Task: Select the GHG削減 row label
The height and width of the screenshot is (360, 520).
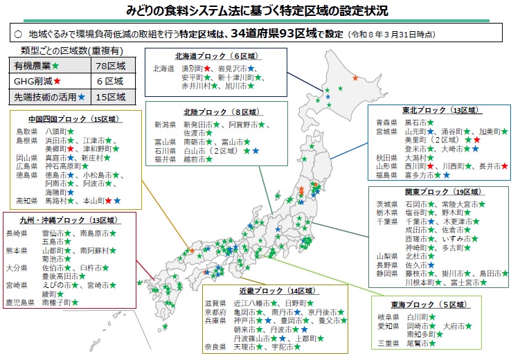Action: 33,82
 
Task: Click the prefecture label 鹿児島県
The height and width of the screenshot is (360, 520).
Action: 20,303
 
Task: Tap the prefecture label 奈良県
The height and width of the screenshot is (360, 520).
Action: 215,346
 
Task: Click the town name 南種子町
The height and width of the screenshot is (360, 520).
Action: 57,303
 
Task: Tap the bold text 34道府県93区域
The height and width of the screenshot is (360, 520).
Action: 272,33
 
